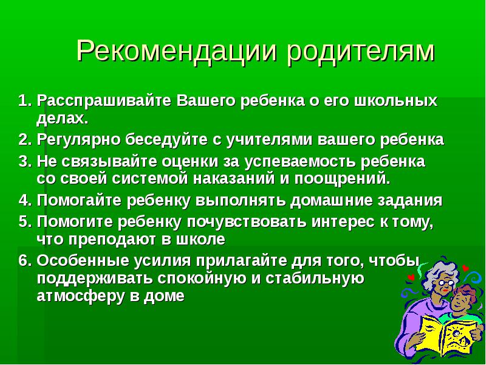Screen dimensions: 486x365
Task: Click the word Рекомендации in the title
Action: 176,50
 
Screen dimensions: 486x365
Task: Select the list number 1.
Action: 25,101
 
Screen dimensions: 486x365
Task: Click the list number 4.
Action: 25,200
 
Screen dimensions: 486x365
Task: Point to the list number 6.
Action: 25,260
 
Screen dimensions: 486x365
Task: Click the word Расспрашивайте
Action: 104,101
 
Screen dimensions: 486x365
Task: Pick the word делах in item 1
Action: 60,118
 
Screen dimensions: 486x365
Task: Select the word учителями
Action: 269,140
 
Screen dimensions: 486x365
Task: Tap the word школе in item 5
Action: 200,239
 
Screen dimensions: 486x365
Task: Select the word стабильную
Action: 315,278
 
